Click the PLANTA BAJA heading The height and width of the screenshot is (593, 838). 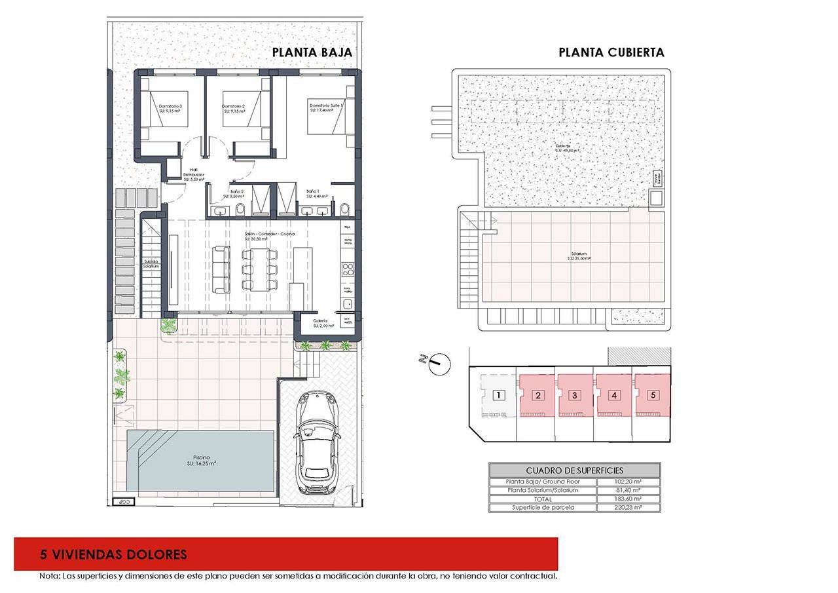pyautogui.click(x=312, y=52)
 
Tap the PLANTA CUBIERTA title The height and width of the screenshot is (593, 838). pyautogui.click(x=611, y=52)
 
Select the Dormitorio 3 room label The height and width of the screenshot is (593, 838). pyautogui.click(x=170, y=108)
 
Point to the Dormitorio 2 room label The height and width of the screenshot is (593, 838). pyautogui.click(x=234, y=108)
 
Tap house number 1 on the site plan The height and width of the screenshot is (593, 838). pyautogui.click(x=498, y=395)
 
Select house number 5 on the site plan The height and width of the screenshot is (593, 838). pyautogui.click(x=652, y=395)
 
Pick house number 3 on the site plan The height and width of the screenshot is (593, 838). pyautogui.click(x=574, y=395)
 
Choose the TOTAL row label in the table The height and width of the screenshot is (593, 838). pyautogui.click(x=543, y=499)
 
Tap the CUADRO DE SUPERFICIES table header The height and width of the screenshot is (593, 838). pyautogui.click(x=574, y=470)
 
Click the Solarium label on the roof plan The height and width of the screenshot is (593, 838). pyautogui.click(x=578, y=256)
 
